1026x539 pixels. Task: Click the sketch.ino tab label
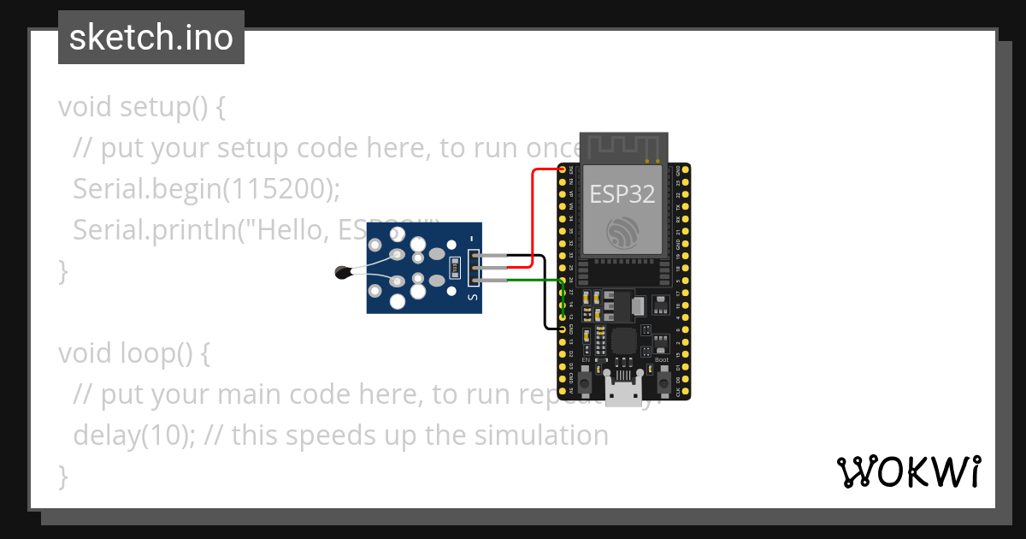(150, 38)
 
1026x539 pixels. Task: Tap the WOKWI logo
(907, 471)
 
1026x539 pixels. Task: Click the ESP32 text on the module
(622, 193)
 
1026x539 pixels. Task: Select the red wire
(534, 214)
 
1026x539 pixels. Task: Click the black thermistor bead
(343, 273)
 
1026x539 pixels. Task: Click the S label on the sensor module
(473, 296)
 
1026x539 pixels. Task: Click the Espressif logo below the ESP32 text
(622, 233)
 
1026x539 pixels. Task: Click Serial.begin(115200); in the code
(206, 189)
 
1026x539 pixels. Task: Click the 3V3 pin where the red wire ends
(563, 169)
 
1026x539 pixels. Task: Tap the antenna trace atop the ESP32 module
(622, 146)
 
